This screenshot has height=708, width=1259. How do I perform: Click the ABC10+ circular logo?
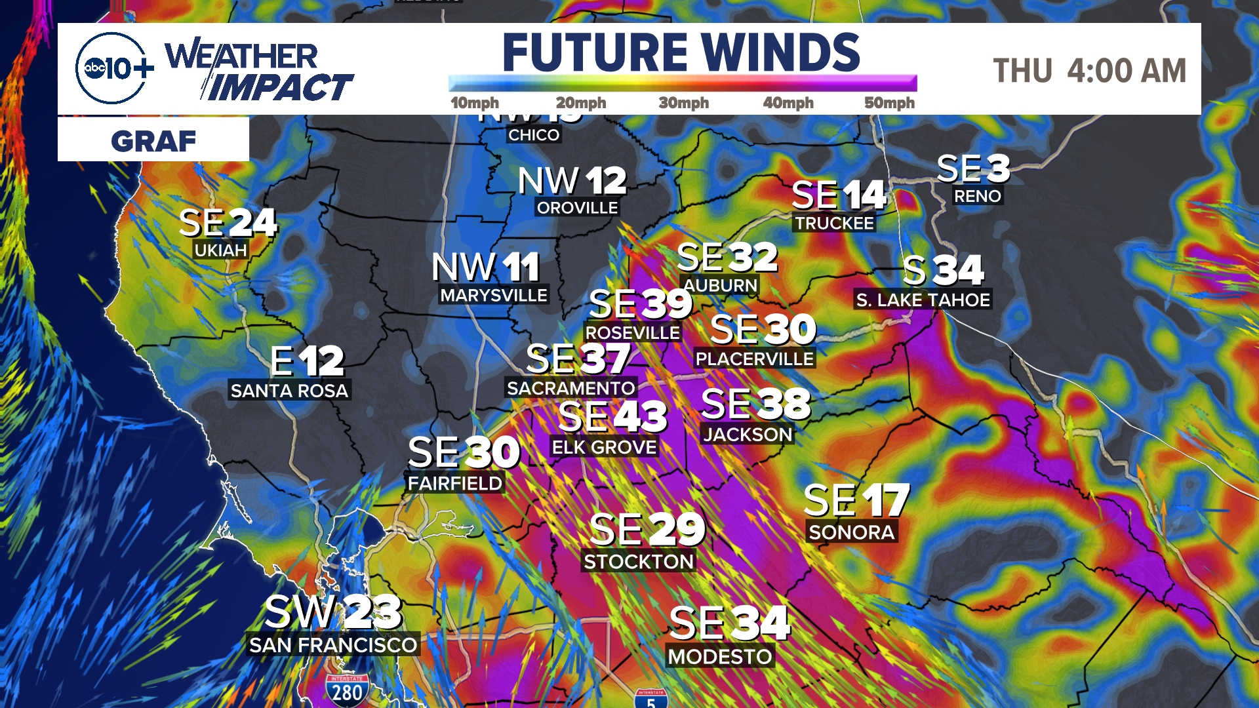coord(111,68)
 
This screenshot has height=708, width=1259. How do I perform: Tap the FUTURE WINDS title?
coord(681,52)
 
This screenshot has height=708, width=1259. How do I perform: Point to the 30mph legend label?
coord(683,103)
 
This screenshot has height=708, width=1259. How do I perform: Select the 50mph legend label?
coord(889,103)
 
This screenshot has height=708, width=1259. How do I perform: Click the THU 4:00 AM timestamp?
coord(1089,71)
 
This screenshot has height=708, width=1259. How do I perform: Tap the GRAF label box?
coord(153,140)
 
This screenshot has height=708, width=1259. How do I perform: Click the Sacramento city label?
coord(570,388)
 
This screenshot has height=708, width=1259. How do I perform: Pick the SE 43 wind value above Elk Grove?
coord(612,416)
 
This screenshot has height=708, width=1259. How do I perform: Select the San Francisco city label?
coord(333,645)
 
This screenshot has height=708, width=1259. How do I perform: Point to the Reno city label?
coord(977,196)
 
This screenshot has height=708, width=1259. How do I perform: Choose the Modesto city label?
coord(720,656)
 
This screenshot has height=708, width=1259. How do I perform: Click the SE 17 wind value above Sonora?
coord(856,500)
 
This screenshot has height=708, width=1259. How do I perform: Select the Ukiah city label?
coord(221,250)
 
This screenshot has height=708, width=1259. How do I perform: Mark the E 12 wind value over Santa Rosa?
coord(307,361)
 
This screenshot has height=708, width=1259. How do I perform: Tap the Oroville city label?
coord(577,208)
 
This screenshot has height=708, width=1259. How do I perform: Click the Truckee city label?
coord(834,224)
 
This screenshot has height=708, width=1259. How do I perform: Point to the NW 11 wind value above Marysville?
coord(486,267)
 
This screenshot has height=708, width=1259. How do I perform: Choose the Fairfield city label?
coord(454,483)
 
